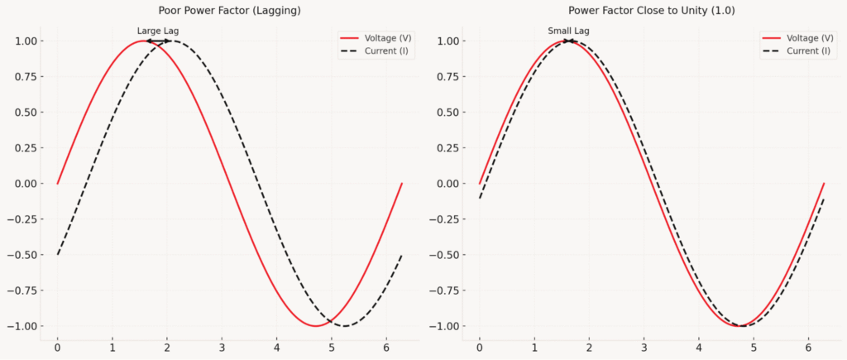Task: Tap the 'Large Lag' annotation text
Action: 158,31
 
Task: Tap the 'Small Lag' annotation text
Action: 569,31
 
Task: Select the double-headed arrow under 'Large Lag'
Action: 158,41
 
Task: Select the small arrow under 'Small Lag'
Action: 569,41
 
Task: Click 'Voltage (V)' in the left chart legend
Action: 388,38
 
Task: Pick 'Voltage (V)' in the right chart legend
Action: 809,38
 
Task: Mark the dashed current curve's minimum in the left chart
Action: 344,326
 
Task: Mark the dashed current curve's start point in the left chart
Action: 58,254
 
